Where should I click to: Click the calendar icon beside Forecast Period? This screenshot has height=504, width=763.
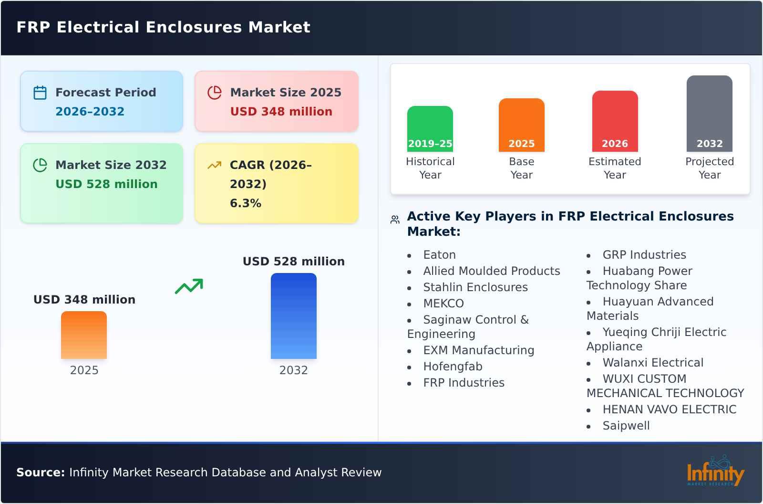click(40, 93)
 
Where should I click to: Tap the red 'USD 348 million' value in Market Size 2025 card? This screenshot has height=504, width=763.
click(281, 112)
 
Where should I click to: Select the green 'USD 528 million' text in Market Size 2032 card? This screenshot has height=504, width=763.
click(106, 184)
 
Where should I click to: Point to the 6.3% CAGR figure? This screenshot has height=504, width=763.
click(246, 203)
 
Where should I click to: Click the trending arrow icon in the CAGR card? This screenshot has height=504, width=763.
click(214, 165)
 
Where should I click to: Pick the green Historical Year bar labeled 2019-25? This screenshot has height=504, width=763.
click(430, 129)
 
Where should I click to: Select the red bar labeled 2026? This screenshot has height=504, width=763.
click(615, 121)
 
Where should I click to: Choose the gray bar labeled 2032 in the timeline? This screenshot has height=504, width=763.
click(709, 114)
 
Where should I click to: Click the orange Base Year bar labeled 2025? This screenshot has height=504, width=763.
click(521, 125)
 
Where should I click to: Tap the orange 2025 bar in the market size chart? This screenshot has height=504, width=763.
click(84, 335)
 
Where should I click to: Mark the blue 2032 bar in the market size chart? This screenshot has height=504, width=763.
click(293, 316)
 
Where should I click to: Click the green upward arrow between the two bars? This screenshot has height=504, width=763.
click(189, 286)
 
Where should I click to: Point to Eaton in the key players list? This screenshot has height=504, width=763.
click(439, 255)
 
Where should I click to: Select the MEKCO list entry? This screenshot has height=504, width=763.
click(443, 304)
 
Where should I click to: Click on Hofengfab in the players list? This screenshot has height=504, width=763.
click(453, 367)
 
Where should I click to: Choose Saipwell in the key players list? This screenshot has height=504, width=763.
click(626, 426)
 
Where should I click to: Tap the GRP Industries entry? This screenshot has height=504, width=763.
click(644, 255)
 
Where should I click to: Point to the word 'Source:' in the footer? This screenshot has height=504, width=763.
click(41, 472)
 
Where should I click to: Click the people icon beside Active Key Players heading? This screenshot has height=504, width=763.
click(395, 220)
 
